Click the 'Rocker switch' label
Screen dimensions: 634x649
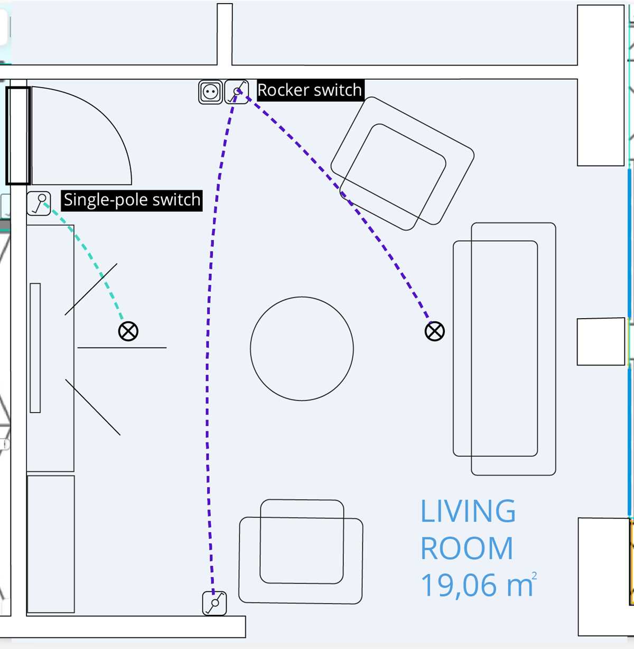click(x=310, y=90)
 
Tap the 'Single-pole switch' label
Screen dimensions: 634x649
click(x=132, y=200)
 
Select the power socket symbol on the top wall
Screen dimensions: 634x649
click(x=210, y=92)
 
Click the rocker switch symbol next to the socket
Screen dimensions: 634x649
click(x=237, y=92)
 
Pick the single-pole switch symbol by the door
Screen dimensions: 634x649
click(x=39, y=203)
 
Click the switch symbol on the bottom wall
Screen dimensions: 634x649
click(x=215, y=604)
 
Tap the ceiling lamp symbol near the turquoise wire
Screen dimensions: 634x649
click(x=128, y=331)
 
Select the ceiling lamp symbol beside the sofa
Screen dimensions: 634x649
click(x=435, y=331)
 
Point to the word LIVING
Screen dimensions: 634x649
click(x=468, y=511)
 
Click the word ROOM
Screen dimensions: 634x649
click(x=467, y=548)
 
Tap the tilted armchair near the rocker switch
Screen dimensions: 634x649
click(x=403, y=163)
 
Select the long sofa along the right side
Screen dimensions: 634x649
click(x=505, y=349)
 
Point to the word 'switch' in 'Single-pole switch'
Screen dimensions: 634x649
click(x=176, y=200)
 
